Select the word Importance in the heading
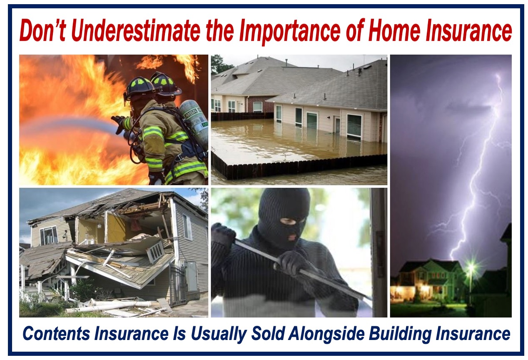pyautogui.click(x=290, y=32)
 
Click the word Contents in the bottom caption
pyautogui.click(x=56, y=334)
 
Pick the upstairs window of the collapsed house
pyautogui.click(x=48, y=235)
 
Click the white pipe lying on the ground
pyautogui.click(x=107, y=307)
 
